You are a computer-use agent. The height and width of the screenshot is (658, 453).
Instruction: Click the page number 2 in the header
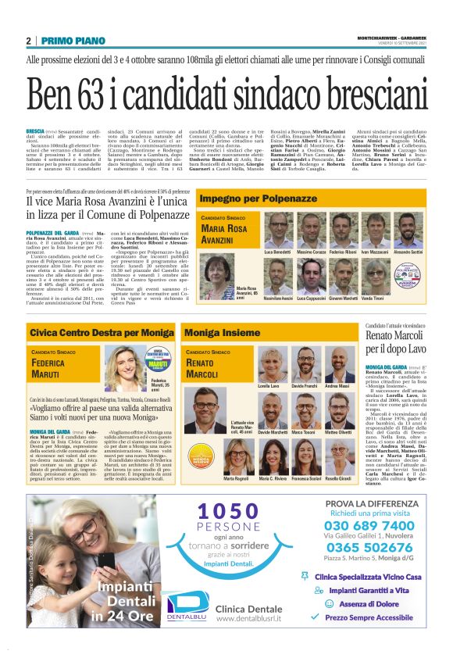coord(29,41)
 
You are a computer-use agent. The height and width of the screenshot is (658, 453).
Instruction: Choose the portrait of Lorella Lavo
coord(268,366)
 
